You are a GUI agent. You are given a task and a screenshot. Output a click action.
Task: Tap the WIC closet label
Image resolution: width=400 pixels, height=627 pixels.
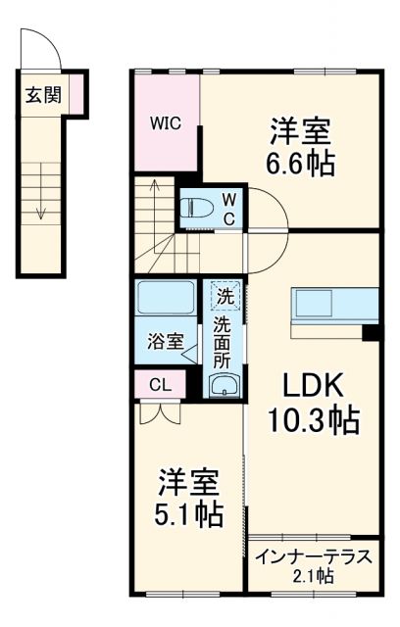coord(164,123)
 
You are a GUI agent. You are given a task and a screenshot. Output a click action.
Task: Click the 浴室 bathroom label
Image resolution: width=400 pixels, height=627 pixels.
coord(165,342)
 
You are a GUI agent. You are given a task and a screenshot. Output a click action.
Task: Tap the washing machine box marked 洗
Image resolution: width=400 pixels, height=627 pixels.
coord(225,295)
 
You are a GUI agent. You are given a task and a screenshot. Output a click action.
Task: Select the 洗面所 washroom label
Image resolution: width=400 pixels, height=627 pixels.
coord(224,340)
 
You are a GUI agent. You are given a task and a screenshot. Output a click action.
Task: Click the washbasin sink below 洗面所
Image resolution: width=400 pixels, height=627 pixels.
coord(224,386)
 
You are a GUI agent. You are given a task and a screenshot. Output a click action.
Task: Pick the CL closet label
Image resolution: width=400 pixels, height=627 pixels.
coord(160,385)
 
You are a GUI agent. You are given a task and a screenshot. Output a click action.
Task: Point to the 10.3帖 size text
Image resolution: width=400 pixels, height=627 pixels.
coord(313,421)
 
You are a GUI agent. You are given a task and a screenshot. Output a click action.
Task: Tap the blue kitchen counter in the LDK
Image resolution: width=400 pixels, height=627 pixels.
coord(333,305)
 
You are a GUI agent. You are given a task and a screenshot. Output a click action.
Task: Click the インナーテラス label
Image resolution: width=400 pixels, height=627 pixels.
coord(313,557)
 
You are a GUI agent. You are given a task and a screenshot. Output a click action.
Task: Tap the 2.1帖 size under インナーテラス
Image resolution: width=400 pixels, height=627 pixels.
coord(313,576)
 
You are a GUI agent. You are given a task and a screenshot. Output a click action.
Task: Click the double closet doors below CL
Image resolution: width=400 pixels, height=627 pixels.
coord(159,410)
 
